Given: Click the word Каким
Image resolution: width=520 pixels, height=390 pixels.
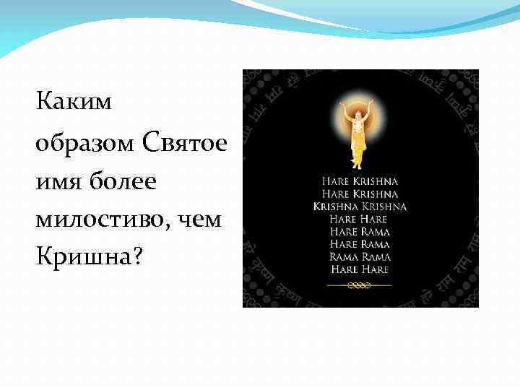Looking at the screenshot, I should [x=74, y=103].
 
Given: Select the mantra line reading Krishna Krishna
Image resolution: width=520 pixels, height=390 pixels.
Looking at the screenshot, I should [x=360, y=206].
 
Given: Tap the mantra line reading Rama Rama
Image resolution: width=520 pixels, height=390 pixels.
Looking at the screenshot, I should [x=360, y=256].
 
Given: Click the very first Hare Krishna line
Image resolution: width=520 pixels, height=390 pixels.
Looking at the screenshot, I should [x=360, y=181].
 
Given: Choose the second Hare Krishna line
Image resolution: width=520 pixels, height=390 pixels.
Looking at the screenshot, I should [x=360, y=194].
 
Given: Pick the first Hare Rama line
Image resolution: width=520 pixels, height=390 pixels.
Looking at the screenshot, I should [x=360, y=231].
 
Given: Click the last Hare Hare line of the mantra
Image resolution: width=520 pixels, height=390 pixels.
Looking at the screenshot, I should [x=360, y=269].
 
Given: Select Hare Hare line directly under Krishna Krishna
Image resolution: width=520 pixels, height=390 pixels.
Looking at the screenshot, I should [x=360, y=219].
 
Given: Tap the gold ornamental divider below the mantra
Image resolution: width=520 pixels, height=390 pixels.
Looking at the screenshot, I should [x=360, y=285].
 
